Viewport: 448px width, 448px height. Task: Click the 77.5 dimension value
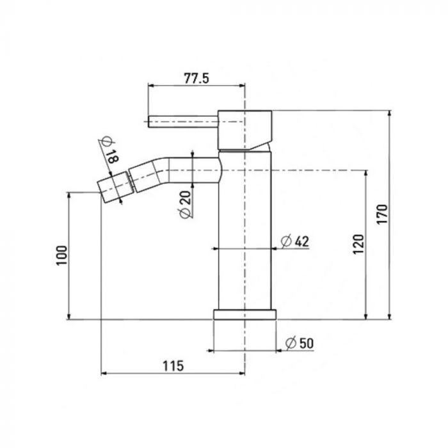196,78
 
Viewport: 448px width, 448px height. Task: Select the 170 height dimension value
382,214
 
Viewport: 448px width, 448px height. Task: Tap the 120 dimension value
358,244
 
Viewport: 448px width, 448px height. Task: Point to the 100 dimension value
61,255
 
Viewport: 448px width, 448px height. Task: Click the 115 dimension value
173,365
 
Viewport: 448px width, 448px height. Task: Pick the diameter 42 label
295,241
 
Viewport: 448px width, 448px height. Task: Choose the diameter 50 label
300,343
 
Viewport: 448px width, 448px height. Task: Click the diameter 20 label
186,205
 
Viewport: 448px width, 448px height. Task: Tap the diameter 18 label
109,150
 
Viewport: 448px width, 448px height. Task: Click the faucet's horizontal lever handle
183,122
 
